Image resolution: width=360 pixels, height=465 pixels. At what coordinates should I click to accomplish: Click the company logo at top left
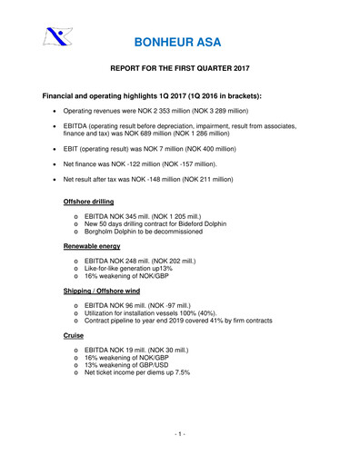tap(56, 38)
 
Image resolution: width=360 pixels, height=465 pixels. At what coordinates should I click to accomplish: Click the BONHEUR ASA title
tap(179, 42)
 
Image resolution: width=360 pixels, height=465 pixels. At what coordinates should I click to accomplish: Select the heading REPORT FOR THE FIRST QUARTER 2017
tap(179, 68)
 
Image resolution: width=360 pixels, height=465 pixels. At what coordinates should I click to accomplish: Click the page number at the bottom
tap(180, 435)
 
